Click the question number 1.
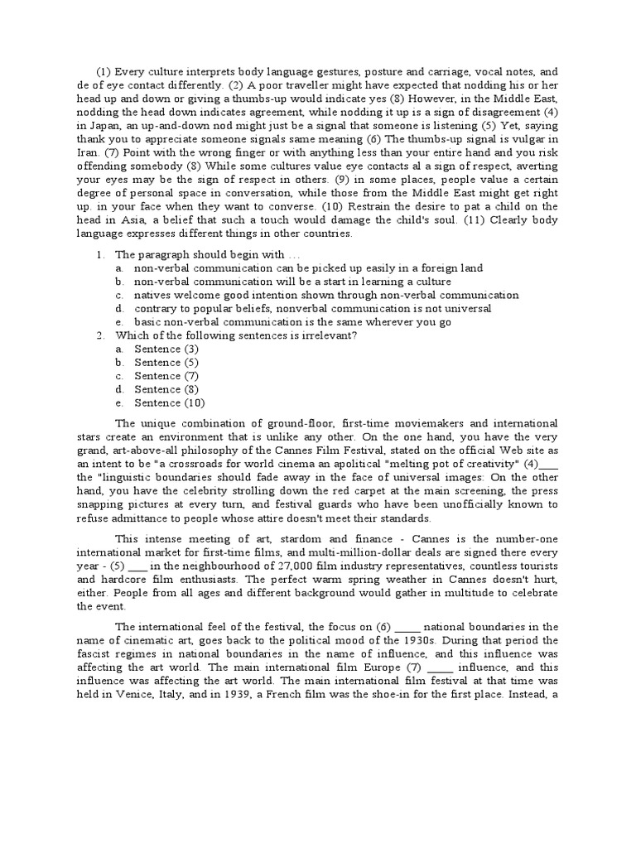pos(99,254)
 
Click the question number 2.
pos(99,335)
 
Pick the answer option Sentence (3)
pos(166,349)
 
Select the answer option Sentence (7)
pos(166,375)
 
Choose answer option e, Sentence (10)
pos(169,402)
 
